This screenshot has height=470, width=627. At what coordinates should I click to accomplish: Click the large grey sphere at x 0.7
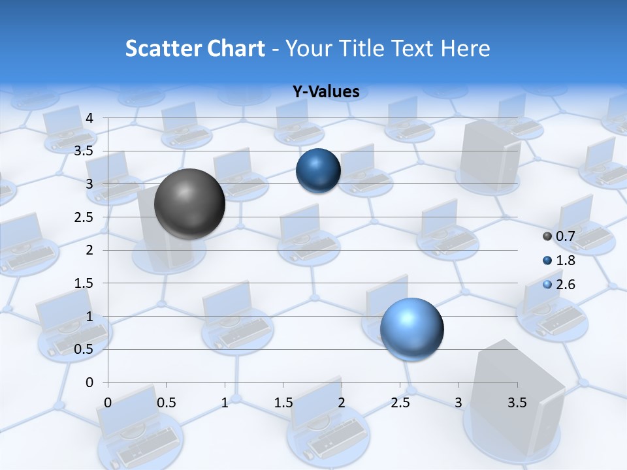[189, 204]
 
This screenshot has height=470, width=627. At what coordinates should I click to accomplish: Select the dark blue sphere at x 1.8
[318, 170]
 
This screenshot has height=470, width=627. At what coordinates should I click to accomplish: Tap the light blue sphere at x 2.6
[411, 329]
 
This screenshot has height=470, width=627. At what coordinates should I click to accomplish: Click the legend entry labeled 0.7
[564, 236]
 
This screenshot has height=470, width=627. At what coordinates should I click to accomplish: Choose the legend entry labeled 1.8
[564, 260]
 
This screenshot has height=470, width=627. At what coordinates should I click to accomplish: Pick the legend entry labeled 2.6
[564, 284]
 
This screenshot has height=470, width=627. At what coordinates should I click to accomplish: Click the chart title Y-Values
[326, 91]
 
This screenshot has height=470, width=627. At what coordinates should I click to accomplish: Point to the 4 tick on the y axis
[90, 118]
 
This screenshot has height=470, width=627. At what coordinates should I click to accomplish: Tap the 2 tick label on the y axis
[90, 250]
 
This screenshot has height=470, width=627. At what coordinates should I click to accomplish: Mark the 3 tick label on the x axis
[458, 403]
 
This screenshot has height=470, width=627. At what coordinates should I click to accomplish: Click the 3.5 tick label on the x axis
[517, 403]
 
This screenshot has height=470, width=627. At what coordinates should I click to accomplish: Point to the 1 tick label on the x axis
[225, 403]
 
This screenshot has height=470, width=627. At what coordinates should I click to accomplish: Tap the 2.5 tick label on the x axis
[400, 403]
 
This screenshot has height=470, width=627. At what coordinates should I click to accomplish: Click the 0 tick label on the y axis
[90, 383]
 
